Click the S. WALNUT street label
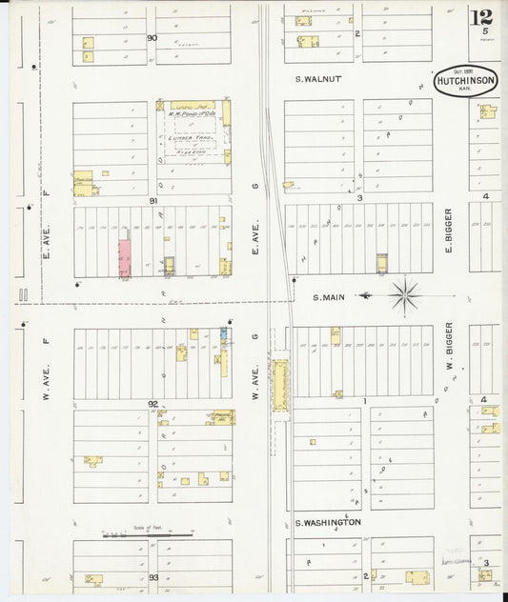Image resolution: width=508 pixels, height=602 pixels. point(317,80)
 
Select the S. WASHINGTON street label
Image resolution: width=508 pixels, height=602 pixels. point(327,523)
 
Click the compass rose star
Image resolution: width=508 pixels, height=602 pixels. point(405,294)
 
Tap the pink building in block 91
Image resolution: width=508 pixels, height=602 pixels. point(124,257)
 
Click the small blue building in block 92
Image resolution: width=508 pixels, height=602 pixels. point(224,332)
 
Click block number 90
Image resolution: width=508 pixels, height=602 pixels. point(152,38)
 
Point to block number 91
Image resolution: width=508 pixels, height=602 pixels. point(152,201)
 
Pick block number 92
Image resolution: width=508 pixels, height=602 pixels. point(152,404)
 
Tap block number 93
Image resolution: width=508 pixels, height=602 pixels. point(152,577)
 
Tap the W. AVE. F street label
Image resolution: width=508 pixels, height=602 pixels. point(45,362)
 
